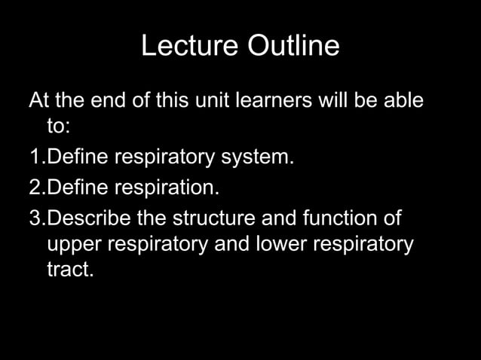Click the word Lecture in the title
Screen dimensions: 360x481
tap(188, 47)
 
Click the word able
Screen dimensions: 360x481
tap(400, 100)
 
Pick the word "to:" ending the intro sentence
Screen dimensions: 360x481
tap(58, 127)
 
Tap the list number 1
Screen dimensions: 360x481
tap(34, 157)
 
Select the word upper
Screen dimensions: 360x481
tap(75, 246)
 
